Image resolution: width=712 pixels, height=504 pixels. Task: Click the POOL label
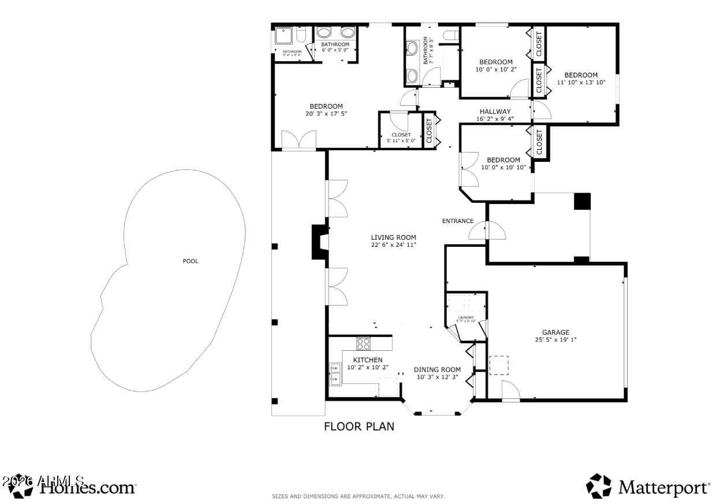[191, 261]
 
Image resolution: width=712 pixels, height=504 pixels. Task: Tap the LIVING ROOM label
[393, 237]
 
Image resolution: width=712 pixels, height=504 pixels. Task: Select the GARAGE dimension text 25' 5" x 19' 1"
[556, 340]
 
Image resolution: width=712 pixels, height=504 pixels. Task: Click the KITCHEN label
[368, 360]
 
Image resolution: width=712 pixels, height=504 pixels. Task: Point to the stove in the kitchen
[363, 343]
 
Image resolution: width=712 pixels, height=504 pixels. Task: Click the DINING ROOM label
[437, 370]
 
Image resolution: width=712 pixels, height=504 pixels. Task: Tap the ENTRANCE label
[458, 221]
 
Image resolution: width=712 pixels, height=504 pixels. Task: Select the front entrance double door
[487, 231]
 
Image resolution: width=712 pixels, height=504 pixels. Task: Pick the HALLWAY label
[495, 112]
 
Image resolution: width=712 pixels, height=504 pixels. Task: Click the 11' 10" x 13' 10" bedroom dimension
[581, 82]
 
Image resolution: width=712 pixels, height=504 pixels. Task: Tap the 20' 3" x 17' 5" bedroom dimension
[326, 113]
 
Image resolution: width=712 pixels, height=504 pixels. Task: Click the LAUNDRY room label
[465, 317]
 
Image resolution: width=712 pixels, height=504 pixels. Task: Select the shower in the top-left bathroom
[284, 36]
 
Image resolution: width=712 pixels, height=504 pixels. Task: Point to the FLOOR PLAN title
[359, 427]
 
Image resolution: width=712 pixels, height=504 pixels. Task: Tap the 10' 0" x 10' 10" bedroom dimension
[503, 168]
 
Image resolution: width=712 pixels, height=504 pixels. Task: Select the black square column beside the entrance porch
[582, 201]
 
